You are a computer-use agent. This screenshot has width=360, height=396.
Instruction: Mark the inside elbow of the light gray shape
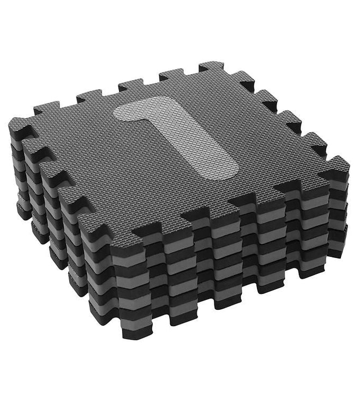(156, 118)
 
